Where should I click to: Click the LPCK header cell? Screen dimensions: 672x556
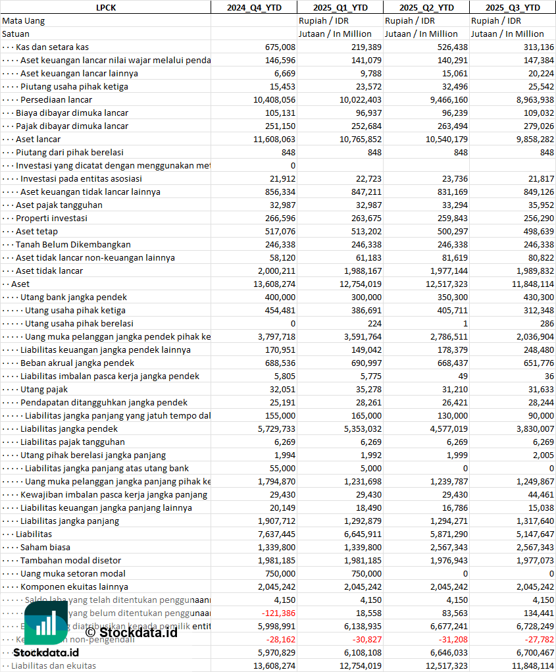pos(105,7)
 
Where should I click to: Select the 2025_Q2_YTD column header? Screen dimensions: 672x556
pos(426,7)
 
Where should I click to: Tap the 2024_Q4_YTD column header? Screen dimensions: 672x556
pos(253,7)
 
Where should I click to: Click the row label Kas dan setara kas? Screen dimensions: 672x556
pos(52,47)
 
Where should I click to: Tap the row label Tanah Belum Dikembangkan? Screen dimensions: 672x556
pos(73,244)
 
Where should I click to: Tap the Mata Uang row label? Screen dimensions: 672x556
pos(23,20)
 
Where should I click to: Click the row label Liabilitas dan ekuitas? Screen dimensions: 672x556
pos(53,665)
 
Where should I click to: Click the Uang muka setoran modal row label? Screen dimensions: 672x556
pos(73,573)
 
